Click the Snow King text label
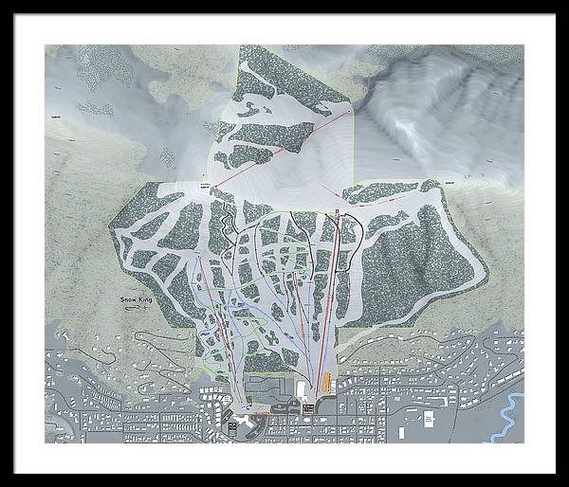(x=136, y=299)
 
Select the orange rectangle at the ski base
(x=328, y=384)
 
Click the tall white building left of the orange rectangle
(x=301, y=389)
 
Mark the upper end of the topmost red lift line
(x=350, y=110)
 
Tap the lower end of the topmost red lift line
(x=212, y=186)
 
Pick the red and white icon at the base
(x=307, y=407)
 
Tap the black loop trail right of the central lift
(x=353, y=237)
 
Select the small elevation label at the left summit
(x=201, y=189)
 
